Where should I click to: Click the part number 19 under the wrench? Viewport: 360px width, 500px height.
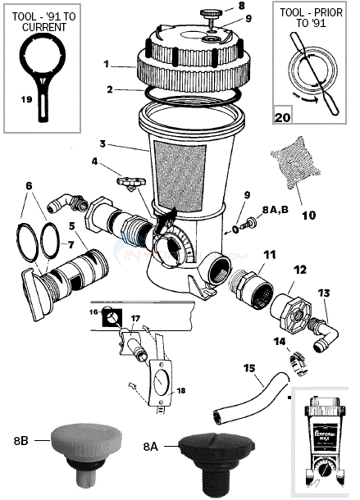[27, 98]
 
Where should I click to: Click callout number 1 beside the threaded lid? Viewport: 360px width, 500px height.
[107, 63]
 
